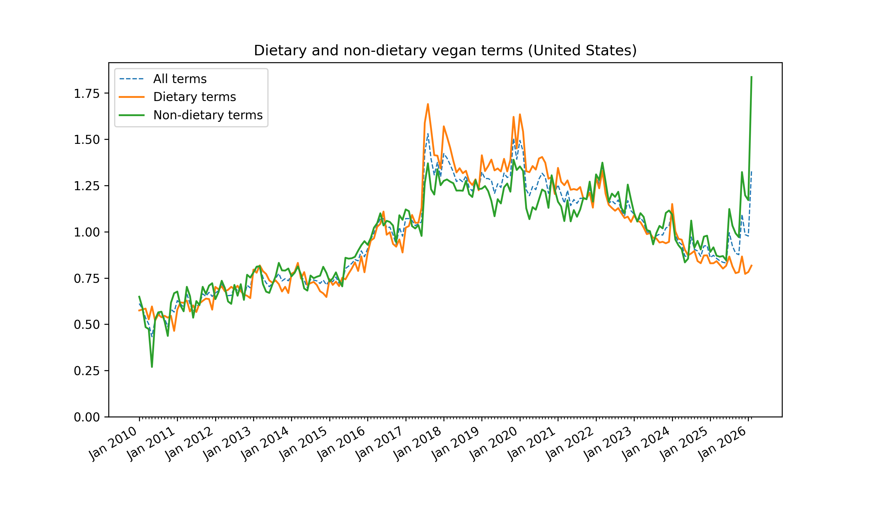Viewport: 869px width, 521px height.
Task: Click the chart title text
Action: click(x=445, y=51)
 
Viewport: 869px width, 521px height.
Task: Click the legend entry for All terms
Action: click(x=180, y=79)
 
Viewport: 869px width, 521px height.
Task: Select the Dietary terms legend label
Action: click(x=194, y=97)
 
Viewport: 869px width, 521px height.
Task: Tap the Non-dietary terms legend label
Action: click(x=208, y=115)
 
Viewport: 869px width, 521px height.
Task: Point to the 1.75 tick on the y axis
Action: click(x=86, y=94)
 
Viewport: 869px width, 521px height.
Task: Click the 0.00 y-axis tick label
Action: click(x=86, y=417)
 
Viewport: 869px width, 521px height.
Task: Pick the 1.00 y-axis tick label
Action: click(x=86, y=232)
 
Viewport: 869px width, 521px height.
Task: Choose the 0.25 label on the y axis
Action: click(x=86, y=371)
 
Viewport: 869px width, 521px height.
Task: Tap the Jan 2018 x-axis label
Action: click(x=418, y=443)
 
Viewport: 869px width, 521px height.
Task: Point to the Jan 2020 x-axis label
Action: click(x=494, y=443)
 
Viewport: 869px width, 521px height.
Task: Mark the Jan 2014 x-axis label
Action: click(x=266, y=443)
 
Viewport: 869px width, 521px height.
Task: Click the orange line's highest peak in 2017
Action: click(x=428, y=104)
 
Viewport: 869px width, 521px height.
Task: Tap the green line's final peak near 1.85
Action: click(x=751, y=76)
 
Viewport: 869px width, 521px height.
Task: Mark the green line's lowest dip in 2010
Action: click(x=152, y=367)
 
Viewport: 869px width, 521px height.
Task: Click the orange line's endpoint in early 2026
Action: click(x=752, y=265)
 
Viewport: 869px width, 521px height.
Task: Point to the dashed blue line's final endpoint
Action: click(x=751, y=172)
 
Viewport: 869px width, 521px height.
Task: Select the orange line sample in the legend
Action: click(x=132, y=97)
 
